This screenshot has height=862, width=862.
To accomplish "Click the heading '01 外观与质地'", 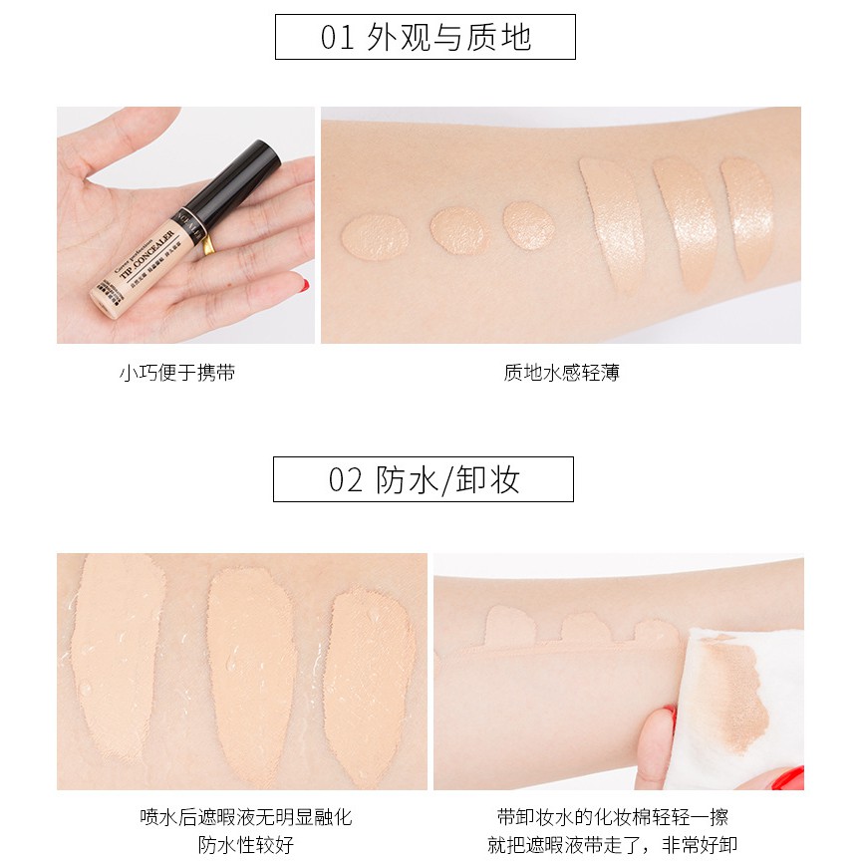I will point(426,37).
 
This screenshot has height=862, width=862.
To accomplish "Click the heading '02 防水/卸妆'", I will point(424,479).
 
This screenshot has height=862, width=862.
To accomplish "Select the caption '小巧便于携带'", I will point(176,374).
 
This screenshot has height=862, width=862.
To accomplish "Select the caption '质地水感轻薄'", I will point(561,374).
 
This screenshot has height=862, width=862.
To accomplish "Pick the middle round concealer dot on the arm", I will point(459,228).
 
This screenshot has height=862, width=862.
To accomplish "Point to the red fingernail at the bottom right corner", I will point(788,777).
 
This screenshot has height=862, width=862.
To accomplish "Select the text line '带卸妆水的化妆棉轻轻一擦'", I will point(612,817).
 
